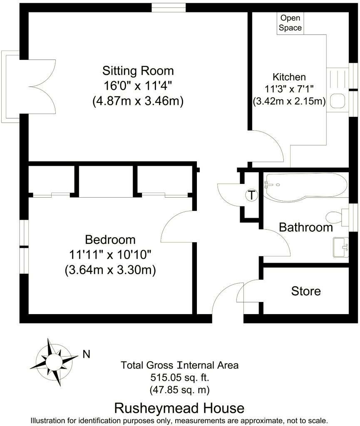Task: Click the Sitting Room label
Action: click(138, 71)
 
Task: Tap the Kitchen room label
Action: click(289, 77)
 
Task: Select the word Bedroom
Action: click(110, 240)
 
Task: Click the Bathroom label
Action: click(306, 227)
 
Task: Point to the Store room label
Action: click(306, 291)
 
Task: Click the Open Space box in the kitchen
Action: click(290, 23)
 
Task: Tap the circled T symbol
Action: click(252, 195)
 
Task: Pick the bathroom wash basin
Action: click(341, 247)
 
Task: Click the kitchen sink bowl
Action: click(338, 101)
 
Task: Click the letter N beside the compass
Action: click(87, 354)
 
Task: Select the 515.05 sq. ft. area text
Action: click(180, 377)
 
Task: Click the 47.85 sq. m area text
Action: click(180, 390)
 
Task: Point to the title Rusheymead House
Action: click(179, 408)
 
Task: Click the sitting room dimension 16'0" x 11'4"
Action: click(138, 86)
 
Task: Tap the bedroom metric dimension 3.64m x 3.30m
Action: click(110, 270)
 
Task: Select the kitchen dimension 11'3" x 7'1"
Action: click(289, 89)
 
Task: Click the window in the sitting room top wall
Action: click(169, 7)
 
